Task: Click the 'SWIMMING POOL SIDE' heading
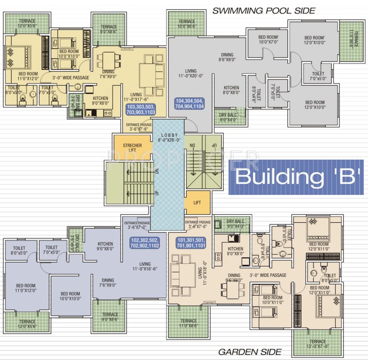click(264, 10)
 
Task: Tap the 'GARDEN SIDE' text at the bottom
click(249, 352)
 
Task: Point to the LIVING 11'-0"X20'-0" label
click(190, 72)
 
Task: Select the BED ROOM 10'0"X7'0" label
click(269, 39)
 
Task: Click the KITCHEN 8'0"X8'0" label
click(231, 90)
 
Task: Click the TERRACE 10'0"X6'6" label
click(187, 24)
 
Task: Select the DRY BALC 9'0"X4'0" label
click(236, 224)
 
